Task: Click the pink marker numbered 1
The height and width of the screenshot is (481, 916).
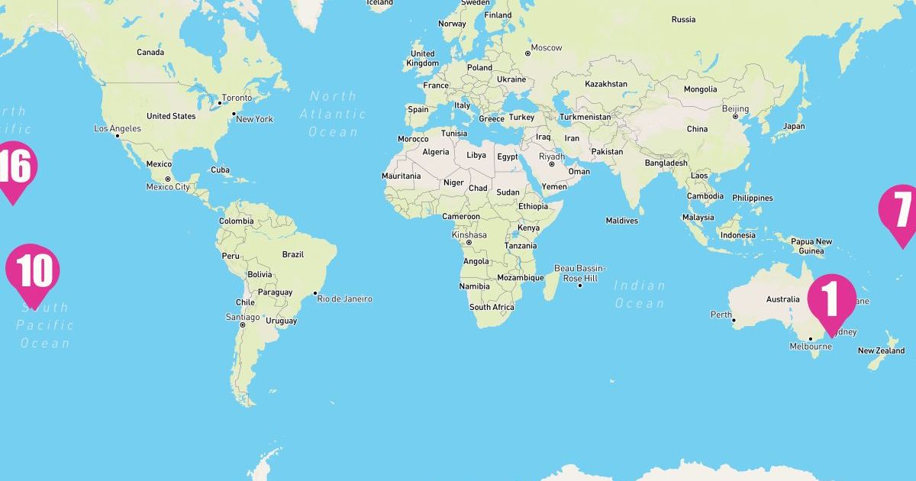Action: pos(831,299)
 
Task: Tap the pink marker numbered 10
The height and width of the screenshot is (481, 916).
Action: pos(33,270)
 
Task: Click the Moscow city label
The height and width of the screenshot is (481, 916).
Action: pos(546,48)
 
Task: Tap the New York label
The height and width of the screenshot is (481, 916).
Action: pos(254,119)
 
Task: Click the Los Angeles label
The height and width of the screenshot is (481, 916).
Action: pos(118,129)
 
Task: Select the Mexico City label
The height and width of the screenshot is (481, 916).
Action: pos(168,187)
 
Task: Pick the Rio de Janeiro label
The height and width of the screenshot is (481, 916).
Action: pos(344,299)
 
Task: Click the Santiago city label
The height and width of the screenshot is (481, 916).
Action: pos(243,317)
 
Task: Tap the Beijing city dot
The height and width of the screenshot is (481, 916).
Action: pos(735,116)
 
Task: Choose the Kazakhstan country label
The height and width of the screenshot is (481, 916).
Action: pos(606,84)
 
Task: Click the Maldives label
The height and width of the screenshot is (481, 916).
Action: pos(621,221)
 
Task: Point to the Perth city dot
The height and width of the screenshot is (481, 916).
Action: pos(734,321)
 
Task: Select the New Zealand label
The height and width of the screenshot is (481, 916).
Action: pos(881,351)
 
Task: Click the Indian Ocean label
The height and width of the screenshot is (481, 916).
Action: pos(640,294)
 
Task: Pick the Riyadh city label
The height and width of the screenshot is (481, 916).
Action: pos(552,157)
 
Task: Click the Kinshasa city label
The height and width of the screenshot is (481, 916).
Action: pos(469,235)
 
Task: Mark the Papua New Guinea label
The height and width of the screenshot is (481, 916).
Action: pos(811,246)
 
